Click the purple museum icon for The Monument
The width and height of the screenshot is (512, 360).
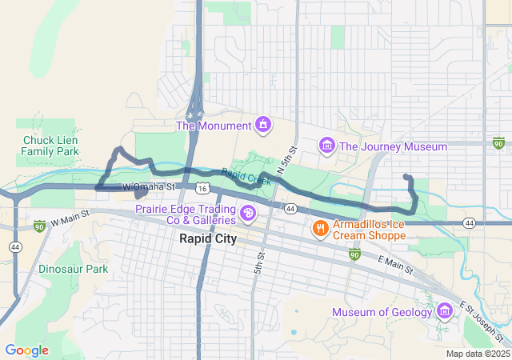pos(262,124)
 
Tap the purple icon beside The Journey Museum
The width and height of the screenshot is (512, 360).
pos(326,146)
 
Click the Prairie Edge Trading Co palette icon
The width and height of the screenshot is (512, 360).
pos(248,214)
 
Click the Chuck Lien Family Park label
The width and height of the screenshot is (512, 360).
pos(50,145)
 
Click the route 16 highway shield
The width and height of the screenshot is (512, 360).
pos(204,188)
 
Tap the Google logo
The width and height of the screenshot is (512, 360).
pos(26,350)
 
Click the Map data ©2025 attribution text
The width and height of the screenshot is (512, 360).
pos(477,354)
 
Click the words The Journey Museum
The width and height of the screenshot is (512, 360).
pos(393,146)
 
